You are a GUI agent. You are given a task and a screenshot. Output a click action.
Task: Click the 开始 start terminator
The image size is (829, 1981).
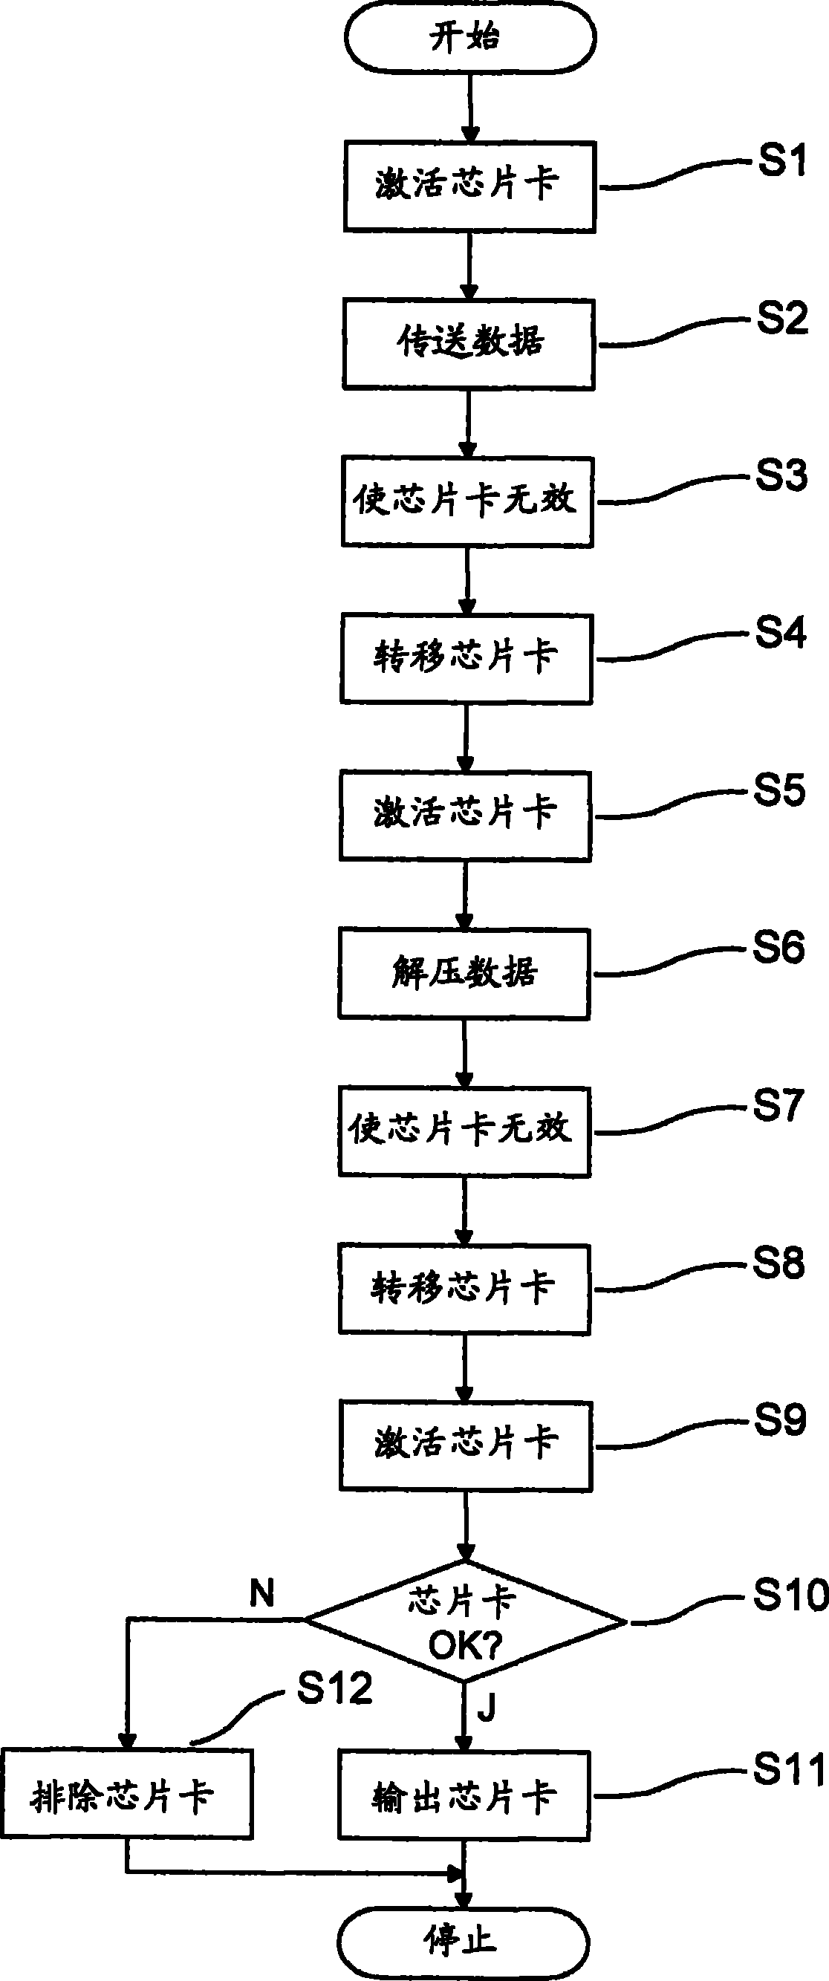(470, 37)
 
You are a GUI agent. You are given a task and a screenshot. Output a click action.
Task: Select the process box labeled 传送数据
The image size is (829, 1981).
(468, 344)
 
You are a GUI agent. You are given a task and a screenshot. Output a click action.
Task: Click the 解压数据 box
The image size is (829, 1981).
(464, 973)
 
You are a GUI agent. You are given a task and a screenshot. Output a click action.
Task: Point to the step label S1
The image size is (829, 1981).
(782, 161)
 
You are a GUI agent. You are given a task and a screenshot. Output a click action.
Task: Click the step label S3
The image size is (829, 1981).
(781, 475)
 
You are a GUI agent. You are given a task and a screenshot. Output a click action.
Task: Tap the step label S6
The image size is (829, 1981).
(778, 946)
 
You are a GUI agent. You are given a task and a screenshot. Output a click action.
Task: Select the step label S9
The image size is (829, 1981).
(779, 1419)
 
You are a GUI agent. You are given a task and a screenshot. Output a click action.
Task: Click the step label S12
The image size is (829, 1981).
(334, 1688)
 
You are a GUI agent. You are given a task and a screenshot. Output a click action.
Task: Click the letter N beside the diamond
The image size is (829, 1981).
(262, 1593)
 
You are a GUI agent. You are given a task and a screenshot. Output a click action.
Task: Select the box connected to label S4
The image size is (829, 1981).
(466, 658)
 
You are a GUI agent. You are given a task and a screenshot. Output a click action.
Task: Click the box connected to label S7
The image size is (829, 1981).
(464, 1131)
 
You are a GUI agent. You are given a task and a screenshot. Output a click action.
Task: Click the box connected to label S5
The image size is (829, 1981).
(465, 815)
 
